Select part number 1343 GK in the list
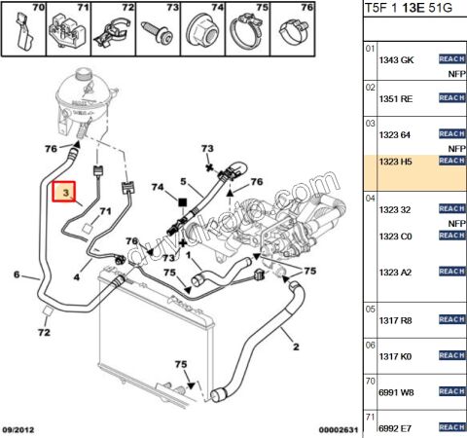[x=393, y=60]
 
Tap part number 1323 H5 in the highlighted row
[x=393, y=160]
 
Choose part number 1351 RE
[x=393, y=98]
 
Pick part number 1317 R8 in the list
[x=393, y=319]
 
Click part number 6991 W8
[x=393, y=394]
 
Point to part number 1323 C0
[x=393, y=237]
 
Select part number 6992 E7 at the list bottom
[x=393, y=426]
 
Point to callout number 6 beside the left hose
[x=17, y=275]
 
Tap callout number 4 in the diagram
[x=77, y=276]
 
